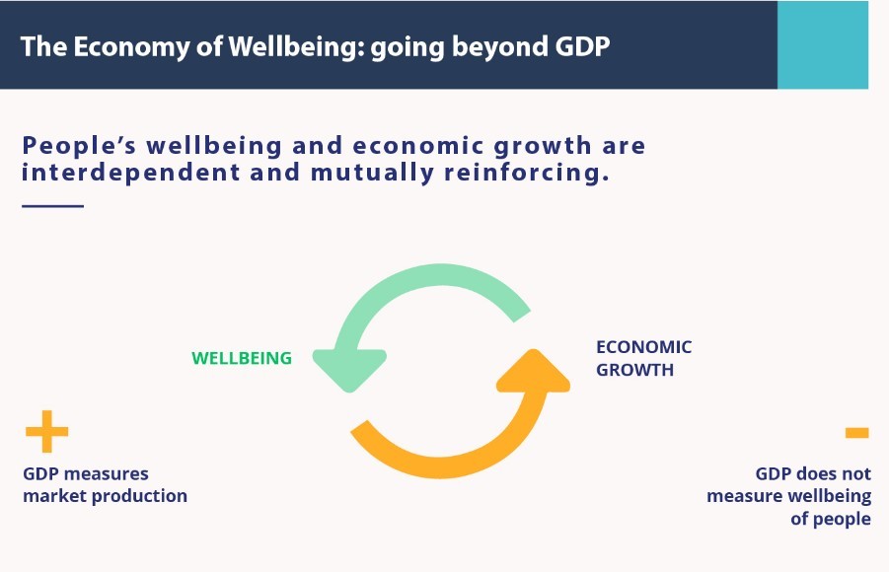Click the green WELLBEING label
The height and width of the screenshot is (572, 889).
[242, 358]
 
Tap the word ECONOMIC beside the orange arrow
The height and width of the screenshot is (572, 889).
[644, 347]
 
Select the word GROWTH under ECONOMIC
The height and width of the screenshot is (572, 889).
[635, 370]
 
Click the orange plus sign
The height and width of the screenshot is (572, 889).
[47, 431]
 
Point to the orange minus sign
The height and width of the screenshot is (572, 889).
[856, 433]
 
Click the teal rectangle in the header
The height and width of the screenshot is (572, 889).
[823, 44]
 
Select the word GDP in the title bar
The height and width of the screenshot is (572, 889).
[582, 46]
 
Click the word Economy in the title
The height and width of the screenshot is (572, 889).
[131, 47]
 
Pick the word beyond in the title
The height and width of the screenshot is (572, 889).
[500, 47]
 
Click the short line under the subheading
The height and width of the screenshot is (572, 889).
[52, 206]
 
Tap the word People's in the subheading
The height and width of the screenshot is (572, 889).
[79, 146]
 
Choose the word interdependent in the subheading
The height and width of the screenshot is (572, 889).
[131, 173]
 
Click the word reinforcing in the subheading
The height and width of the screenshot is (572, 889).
[526, 173]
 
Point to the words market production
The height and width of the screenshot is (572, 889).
[105, 496]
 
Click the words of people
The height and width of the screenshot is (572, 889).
[831, 519]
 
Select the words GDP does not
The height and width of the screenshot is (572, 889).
[813, 473]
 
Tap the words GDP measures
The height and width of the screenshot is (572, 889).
[86, 473]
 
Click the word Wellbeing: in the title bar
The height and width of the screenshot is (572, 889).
[297, 47]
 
